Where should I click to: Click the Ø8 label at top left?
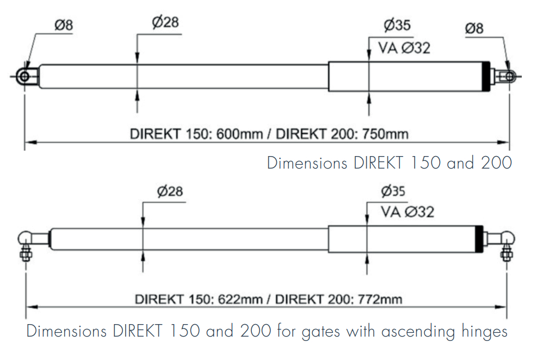pyautogui.click(x=64, y=26)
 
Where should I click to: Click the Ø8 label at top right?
pyautogui.click(x=474, y=29)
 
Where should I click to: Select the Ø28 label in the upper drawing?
pyautogui.click(x=165, y=23)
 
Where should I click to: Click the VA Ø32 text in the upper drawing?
pyautogui.click(x=404, y=48)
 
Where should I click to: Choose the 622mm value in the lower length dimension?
pyautogui.click(x=241, y=299)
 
